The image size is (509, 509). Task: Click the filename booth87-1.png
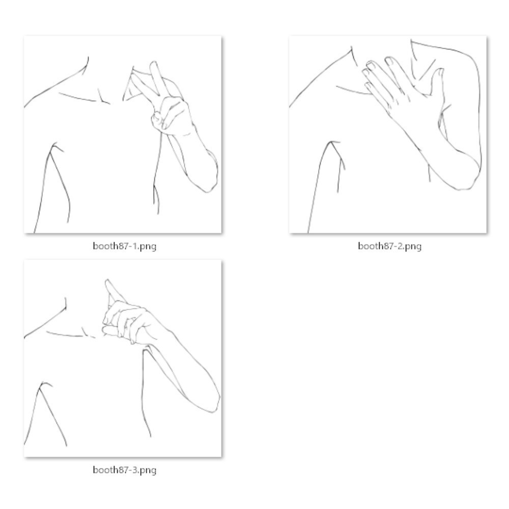[125, 246]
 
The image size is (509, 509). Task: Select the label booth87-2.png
[389, 246]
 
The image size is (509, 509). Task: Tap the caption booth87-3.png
[125, 470]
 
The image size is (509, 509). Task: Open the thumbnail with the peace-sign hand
[123, 134]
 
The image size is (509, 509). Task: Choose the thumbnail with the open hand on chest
[388, 134]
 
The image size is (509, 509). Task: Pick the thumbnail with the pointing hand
[123, 358]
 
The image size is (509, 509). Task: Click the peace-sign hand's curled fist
[169, 117]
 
